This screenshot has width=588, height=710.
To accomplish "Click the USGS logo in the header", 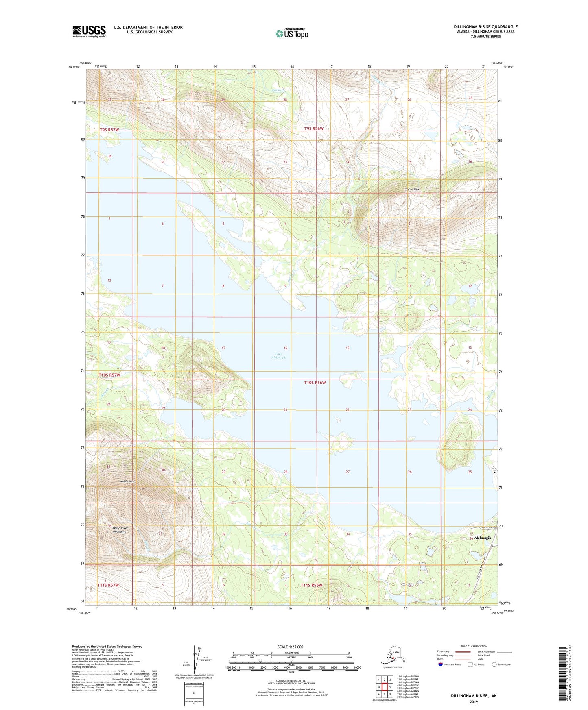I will click(89, 31).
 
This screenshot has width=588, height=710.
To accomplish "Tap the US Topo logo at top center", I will click(291, 33).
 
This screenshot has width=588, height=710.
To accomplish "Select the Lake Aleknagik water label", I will click(279, 355).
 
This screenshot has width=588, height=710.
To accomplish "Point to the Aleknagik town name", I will click(483, 538).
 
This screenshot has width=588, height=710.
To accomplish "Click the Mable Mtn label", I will click(127, 481).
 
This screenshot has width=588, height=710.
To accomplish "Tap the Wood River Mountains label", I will click(120, 530).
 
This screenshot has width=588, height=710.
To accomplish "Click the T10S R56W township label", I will click(315, 383).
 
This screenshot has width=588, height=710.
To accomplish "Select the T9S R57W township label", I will click(109, 130).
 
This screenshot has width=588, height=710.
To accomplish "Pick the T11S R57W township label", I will click(108, 585).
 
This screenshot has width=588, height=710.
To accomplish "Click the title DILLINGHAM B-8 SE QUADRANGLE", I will click(485, 27).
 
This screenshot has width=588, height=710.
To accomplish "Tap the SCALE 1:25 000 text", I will click(291, 647).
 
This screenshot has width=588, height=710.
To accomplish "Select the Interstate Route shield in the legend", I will click(441, 664).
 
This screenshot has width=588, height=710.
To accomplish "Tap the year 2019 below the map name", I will click(474, 701).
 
